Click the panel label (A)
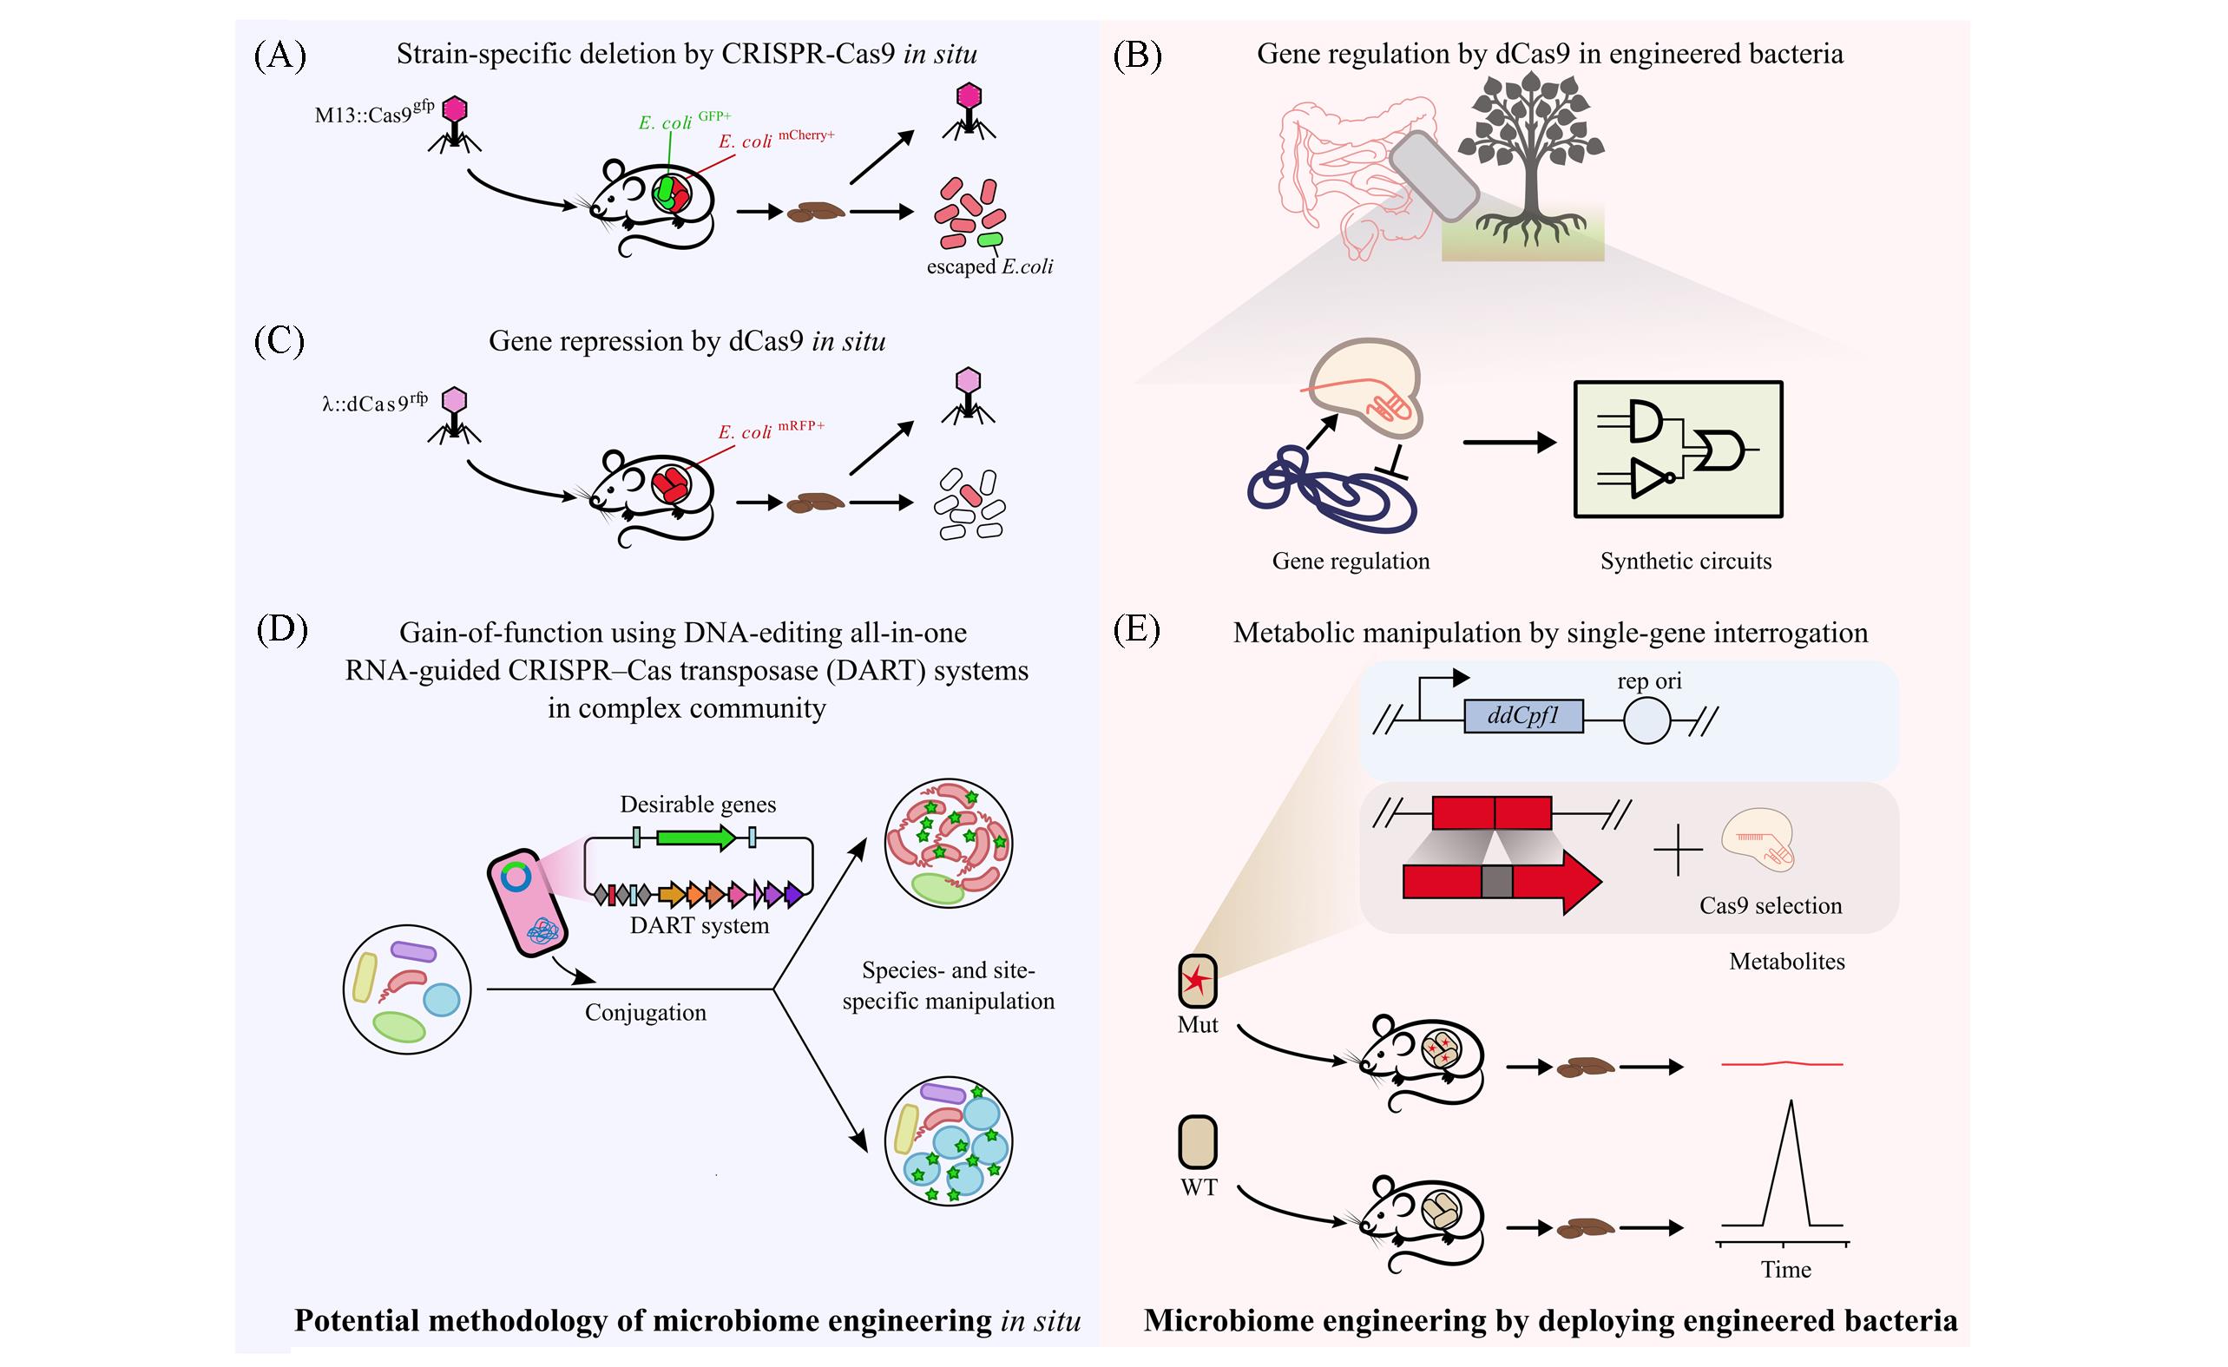point(279,56)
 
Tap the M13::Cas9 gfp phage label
point(373,112)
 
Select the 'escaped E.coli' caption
point(989,266)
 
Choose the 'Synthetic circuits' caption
point(1686,562)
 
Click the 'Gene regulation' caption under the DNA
point(1351,562)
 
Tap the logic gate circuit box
point(1679,450)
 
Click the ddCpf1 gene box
point(1523,717)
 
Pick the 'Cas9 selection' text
point(1771,906)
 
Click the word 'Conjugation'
point(646,1013)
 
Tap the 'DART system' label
point(700,926)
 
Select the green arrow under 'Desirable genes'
point(695,838)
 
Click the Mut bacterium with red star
point(1197,981)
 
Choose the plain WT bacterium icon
point(1198,1142)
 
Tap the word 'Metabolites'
point(1787,962)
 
